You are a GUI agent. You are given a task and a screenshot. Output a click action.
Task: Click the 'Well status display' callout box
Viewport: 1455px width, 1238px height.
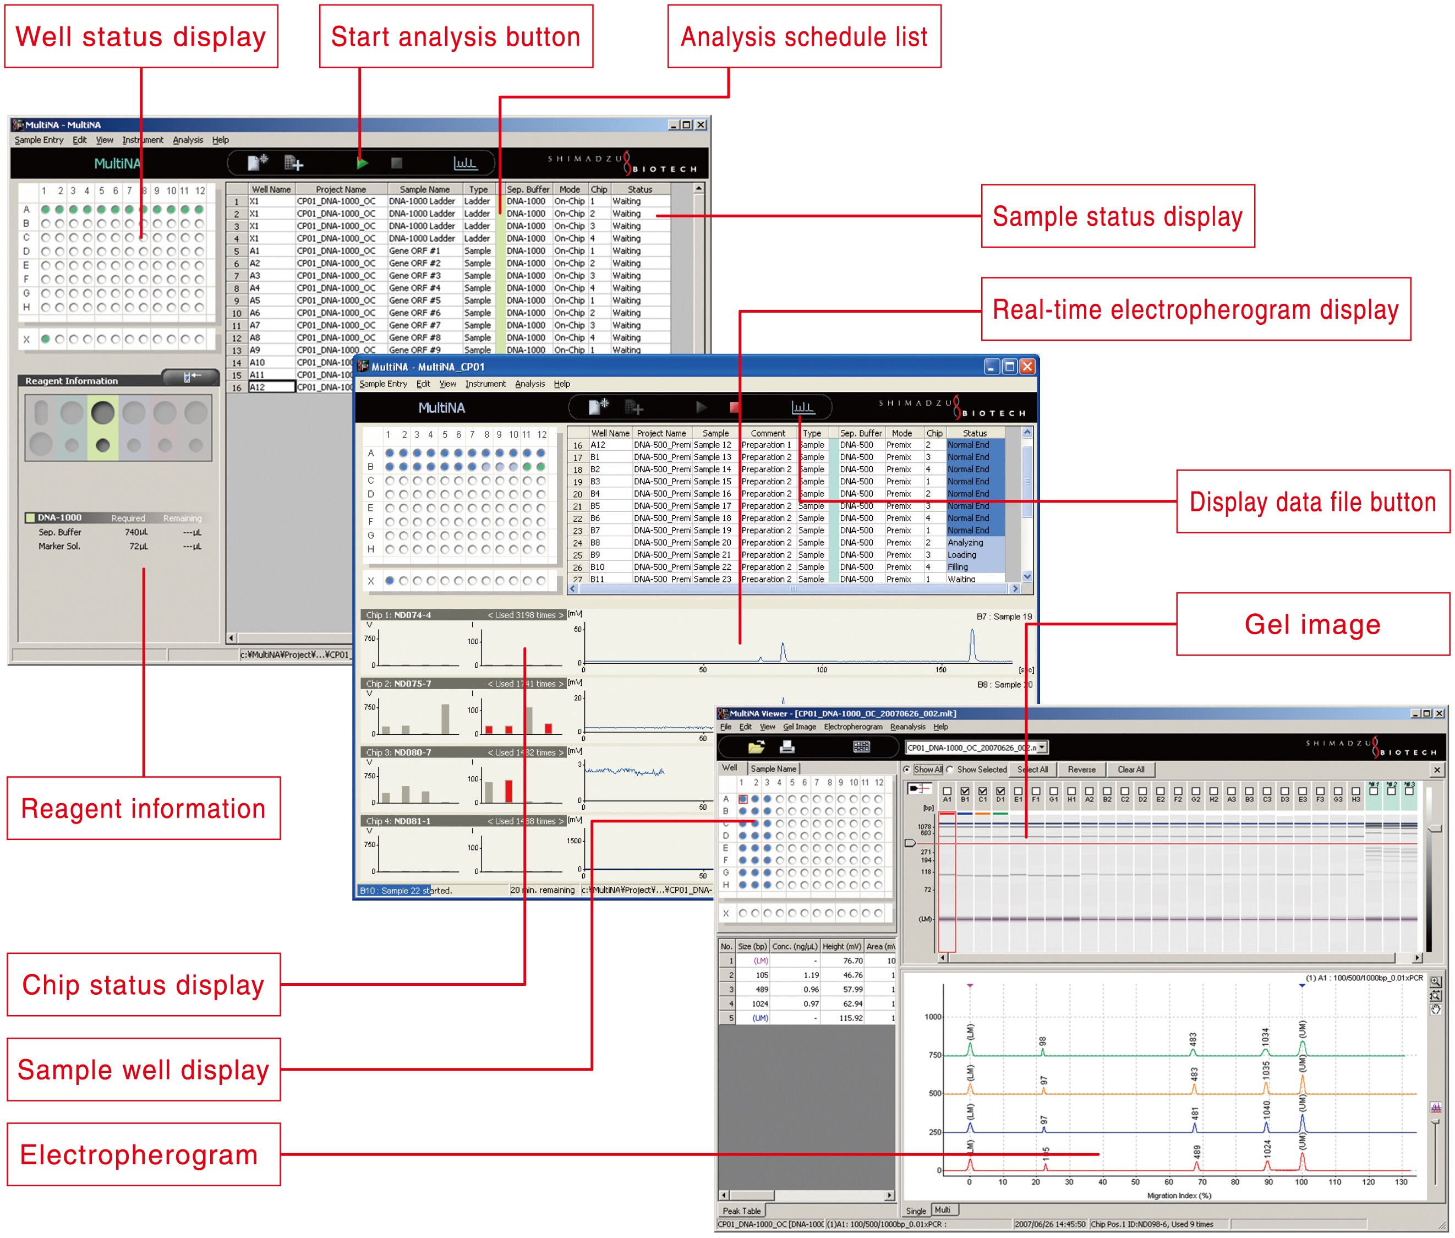click(x=141, y=36)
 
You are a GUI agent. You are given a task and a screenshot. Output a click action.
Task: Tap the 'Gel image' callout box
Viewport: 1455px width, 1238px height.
click(x=1312, y=624)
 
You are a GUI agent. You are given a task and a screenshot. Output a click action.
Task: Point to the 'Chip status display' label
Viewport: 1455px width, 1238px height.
click(x=143, y=984)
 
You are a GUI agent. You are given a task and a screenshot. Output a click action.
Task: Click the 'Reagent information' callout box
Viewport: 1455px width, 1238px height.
click(x=143, y=808)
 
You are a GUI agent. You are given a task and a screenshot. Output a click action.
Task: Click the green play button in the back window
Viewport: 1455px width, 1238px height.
click(x=362, y=163)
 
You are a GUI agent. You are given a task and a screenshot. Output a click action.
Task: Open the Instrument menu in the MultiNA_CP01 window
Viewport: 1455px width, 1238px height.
click(x=485, y=384)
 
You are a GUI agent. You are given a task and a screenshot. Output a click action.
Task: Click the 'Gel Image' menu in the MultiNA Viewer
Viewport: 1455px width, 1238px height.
click(x=799, y=727)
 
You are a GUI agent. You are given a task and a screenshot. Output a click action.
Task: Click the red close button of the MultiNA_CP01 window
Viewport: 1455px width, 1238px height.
click(x=1027, y=367)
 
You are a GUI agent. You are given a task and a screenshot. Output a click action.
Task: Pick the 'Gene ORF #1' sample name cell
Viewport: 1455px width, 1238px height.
click(x=414, y=250)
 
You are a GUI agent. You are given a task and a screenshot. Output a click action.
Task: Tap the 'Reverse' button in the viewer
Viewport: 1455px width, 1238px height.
click(x=1081, y=769)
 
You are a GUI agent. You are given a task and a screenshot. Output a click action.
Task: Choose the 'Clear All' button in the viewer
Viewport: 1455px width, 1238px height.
click(x=1130, y=769)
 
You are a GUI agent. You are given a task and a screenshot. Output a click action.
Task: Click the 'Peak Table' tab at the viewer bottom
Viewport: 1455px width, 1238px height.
click(x=741, y=1210)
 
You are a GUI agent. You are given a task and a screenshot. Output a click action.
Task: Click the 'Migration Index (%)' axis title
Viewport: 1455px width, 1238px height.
click(x=1179, y=1195)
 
